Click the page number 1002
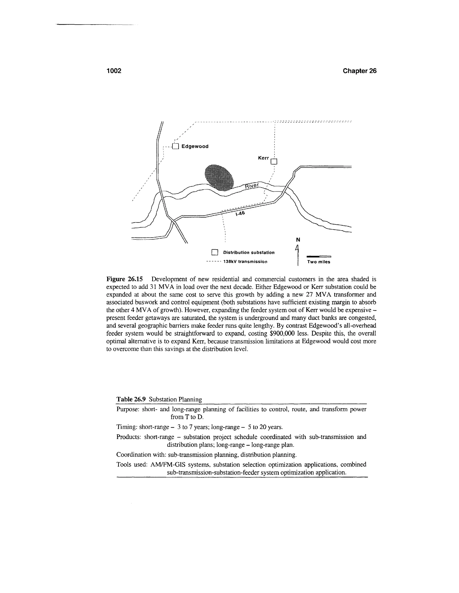point(114,71)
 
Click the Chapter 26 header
point(359,71)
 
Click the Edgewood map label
point(195,146)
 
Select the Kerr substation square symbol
point(274,162)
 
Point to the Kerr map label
point(263,158)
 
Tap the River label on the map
point(252,186)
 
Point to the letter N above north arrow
point(298,239)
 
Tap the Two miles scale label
point(319,262)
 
